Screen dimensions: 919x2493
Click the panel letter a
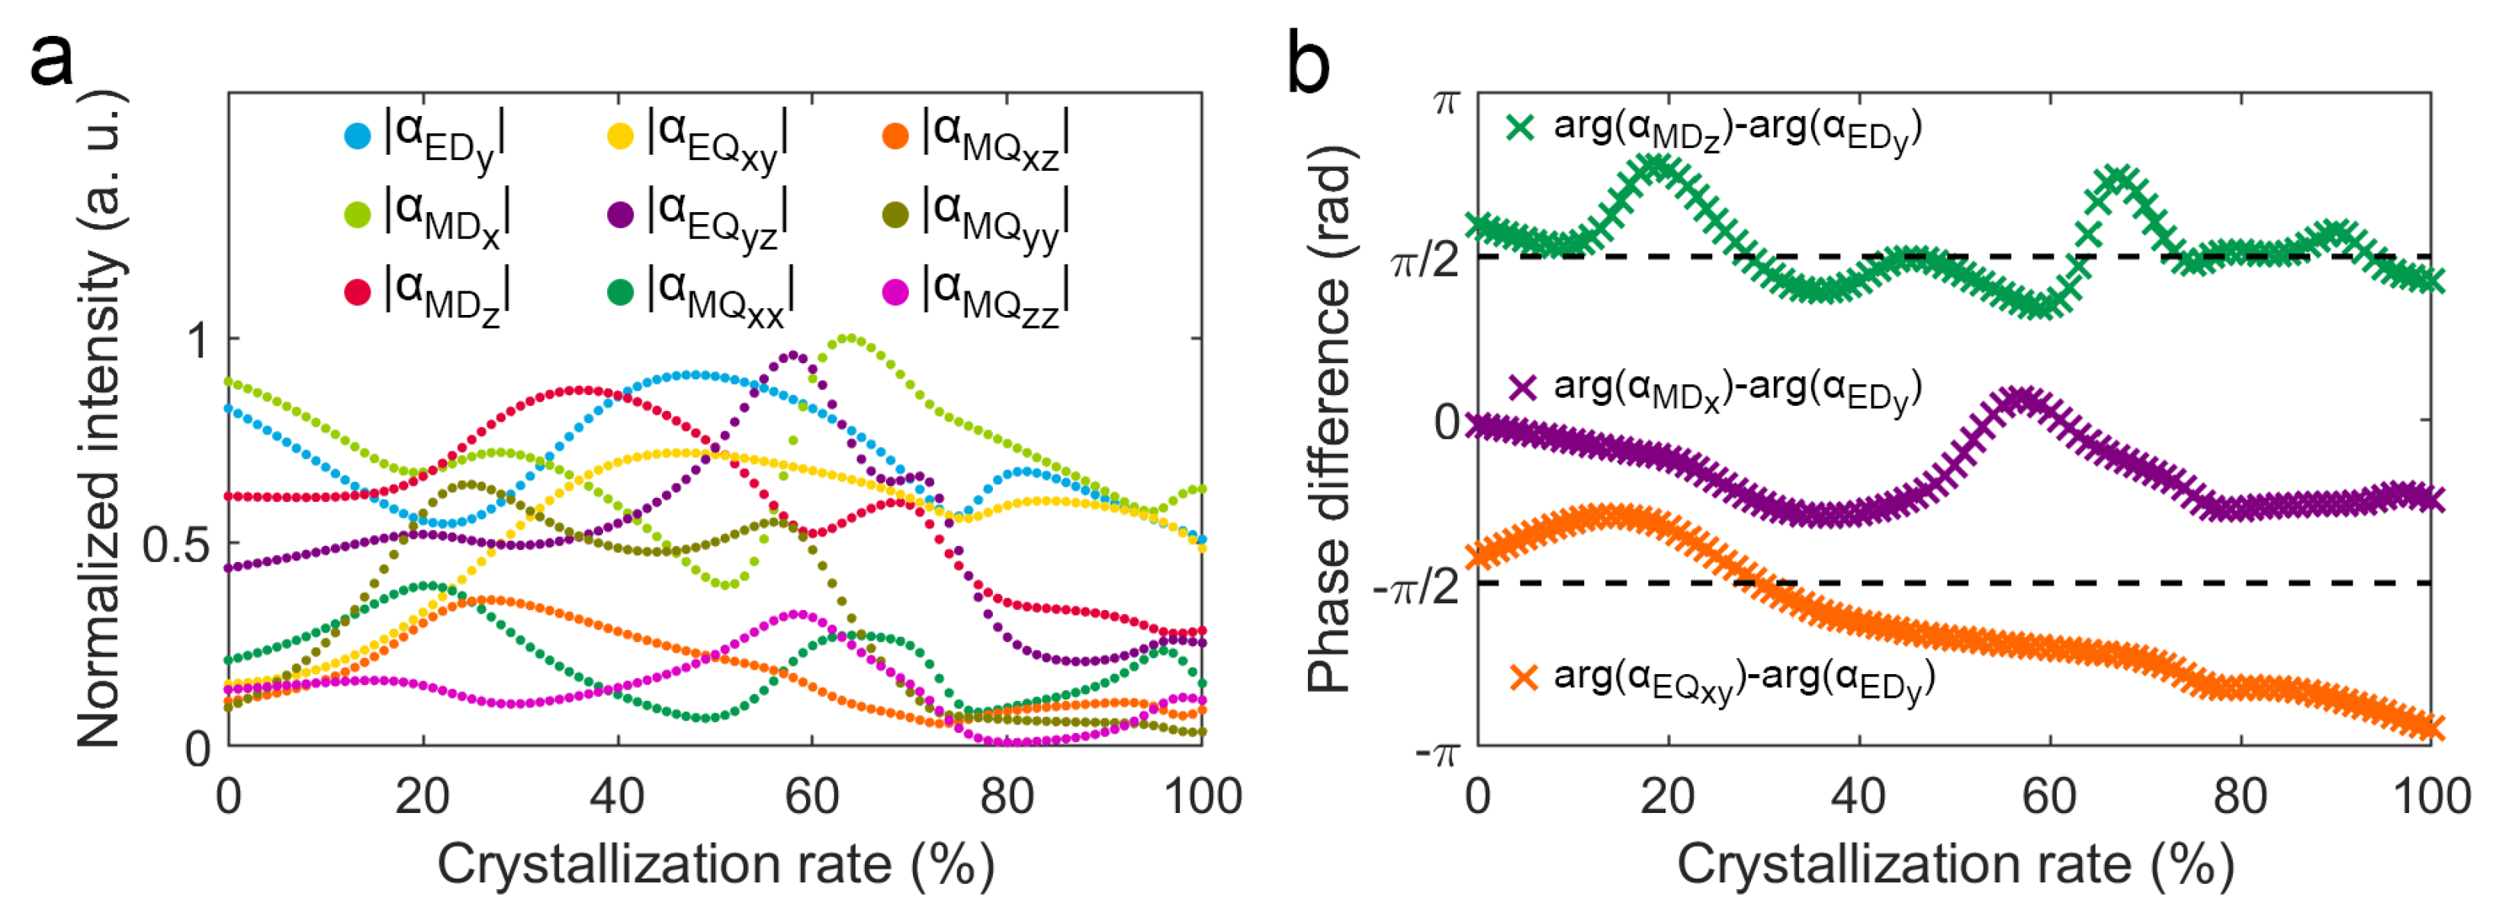coord(50,61)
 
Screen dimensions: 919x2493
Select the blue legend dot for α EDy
coord(357,136)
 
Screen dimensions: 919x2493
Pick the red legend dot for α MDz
coord(357,291)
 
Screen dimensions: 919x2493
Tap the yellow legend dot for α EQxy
coord(620,136)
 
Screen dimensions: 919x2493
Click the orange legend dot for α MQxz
coord(895,136)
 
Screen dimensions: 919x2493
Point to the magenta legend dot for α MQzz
coord(895,291)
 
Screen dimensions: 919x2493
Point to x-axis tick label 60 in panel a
coord(811,797)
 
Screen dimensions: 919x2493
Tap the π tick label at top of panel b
coord(1445,101)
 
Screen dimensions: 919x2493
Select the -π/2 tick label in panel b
coord(1416,585)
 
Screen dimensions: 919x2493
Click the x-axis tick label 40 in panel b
coord(1859,797)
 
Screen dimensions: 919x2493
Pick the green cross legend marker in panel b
coord(1521,127)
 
